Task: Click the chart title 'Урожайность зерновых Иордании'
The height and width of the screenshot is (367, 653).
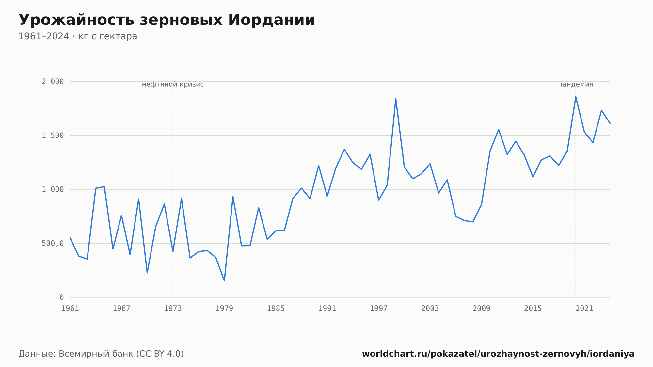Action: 167,20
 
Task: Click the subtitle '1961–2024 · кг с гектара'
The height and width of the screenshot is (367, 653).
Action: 78,36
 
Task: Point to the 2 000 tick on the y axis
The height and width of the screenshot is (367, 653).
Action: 53,82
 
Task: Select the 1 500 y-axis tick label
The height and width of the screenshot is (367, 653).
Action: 53,136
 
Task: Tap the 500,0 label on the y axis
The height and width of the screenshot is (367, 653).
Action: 53,243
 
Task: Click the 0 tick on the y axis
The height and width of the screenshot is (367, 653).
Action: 62,297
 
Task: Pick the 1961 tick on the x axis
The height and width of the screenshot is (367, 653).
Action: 70,309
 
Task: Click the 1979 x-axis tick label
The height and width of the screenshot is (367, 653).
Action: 224,309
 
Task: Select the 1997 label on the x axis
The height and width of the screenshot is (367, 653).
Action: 378,309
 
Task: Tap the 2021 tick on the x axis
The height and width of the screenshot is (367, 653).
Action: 584,309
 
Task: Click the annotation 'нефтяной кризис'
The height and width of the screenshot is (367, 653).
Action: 173,84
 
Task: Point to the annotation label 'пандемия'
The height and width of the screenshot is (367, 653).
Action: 576,84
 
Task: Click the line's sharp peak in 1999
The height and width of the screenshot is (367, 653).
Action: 396,98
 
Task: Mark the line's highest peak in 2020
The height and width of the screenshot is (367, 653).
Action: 576,97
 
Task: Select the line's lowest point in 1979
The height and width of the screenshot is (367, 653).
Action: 224,281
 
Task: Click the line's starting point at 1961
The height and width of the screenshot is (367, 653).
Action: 70,238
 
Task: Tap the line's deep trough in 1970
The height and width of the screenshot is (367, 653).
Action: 147,273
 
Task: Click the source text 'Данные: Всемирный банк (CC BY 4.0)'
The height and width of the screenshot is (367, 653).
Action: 101,354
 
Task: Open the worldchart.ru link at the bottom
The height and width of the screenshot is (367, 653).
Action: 498,354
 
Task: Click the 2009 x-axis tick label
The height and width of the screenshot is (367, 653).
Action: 481,309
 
